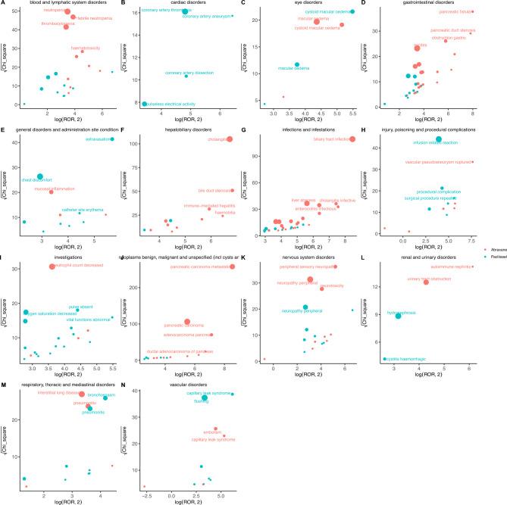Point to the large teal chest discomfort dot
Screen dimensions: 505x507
click(x=40, y=176)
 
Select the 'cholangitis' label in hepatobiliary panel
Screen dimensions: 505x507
click(x=214, y=139)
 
